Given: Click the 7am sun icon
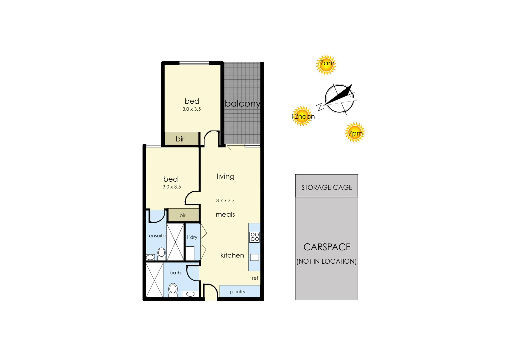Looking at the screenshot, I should (326, 64).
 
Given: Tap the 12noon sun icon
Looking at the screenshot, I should (303, 116).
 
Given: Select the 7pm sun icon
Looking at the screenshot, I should (355, 132).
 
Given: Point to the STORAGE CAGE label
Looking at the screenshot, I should (327, 187).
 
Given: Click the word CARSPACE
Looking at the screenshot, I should (327, 247).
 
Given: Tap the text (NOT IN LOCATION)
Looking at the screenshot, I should (327, 261).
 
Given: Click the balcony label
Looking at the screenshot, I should (242, 103).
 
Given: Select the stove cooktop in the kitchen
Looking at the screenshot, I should (255, 237).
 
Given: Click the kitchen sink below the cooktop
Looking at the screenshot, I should (255, 257).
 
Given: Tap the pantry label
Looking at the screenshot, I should (237, 292).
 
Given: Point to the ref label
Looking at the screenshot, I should (255, 278).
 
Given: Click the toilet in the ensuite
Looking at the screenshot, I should (161, 254).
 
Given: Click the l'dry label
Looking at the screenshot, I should (192, 237).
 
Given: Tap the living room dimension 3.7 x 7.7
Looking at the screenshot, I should (225, 201).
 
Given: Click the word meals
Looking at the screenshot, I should (225, 214).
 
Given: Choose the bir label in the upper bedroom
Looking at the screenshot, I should (180, 139).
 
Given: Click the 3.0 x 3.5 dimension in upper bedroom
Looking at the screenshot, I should (191, 109).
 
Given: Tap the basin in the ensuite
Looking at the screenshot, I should (150, 257).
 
